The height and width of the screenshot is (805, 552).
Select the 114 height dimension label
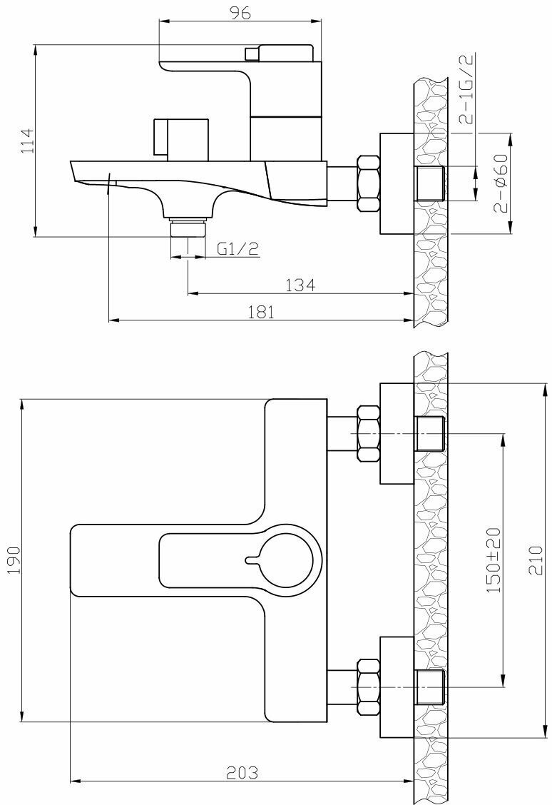(x=26, y=141)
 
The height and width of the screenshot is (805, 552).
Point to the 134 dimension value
(x=300, y=285)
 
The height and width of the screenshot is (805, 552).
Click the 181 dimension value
(x=261, y=312)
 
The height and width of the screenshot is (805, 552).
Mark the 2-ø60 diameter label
(x=499, y=184)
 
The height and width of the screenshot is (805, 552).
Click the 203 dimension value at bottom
(x=242, y=772)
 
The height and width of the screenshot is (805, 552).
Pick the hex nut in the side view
(x=368, y=183)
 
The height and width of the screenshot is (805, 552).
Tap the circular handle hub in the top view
(x=287, y=556)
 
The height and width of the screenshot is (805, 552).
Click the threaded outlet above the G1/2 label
(x=188, y=228)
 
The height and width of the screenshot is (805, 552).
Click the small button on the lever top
(x=252, y=54)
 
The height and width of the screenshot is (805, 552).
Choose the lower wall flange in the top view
(x=397, y=687)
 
